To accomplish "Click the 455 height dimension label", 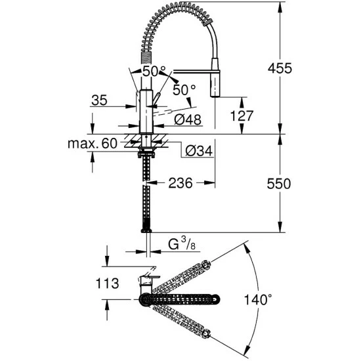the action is coord(280,68).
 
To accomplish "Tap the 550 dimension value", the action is coord(279,184).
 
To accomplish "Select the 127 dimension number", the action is coord(242,116).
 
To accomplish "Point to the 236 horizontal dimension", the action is coord(180,183).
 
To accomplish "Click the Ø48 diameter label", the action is coord(188,119).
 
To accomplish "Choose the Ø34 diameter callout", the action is coord(199,151).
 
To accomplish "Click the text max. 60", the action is coord(93,144).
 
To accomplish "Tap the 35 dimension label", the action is coord(100,100).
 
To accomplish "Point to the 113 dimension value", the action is coord(107,283).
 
